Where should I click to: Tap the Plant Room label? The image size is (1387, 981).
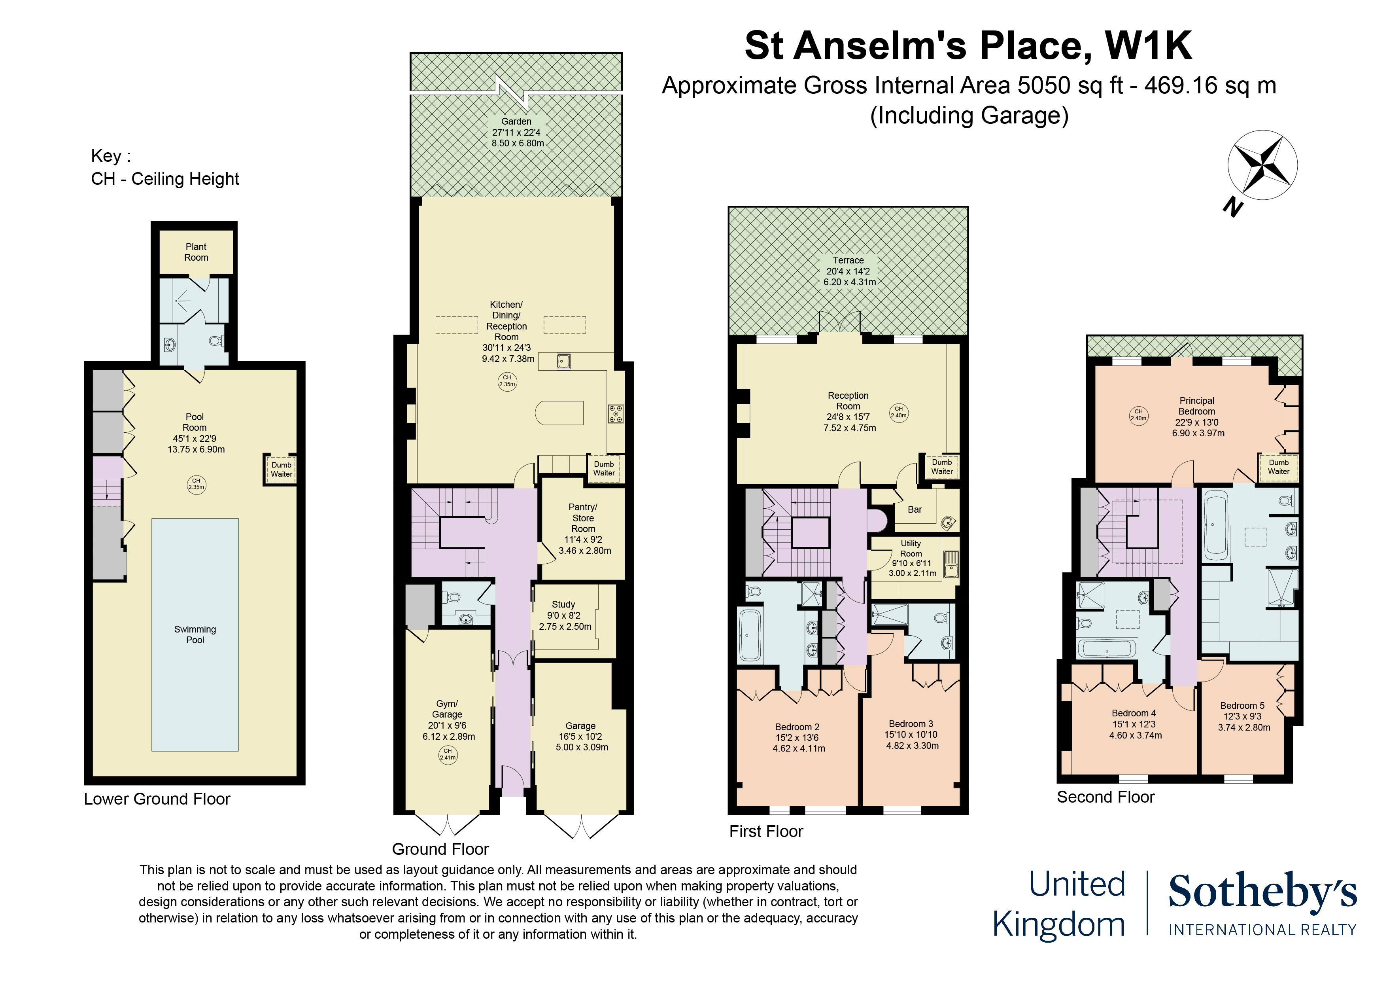196,252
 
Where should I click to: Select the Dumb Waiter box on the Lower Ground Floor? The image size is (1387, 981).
281,470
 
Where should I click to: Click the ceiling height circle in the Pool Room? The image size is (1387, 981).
197,484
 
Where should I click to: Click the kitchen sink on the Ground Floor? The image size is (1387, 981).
563,362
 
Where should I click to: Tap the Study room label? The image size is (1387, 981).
564,615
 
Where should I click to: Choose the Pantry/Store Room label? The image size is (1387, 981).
584,529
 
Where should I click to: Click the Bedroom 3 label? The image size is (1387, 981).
912,735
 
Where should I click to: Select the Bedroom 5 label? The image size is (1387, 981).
1243,716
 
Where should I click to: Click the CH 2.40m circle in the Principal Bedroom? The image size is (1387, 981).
1139,415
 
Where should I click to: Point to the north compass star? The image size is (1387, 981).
1262,165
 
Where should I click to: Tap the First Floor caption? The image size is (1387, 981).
766,832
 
